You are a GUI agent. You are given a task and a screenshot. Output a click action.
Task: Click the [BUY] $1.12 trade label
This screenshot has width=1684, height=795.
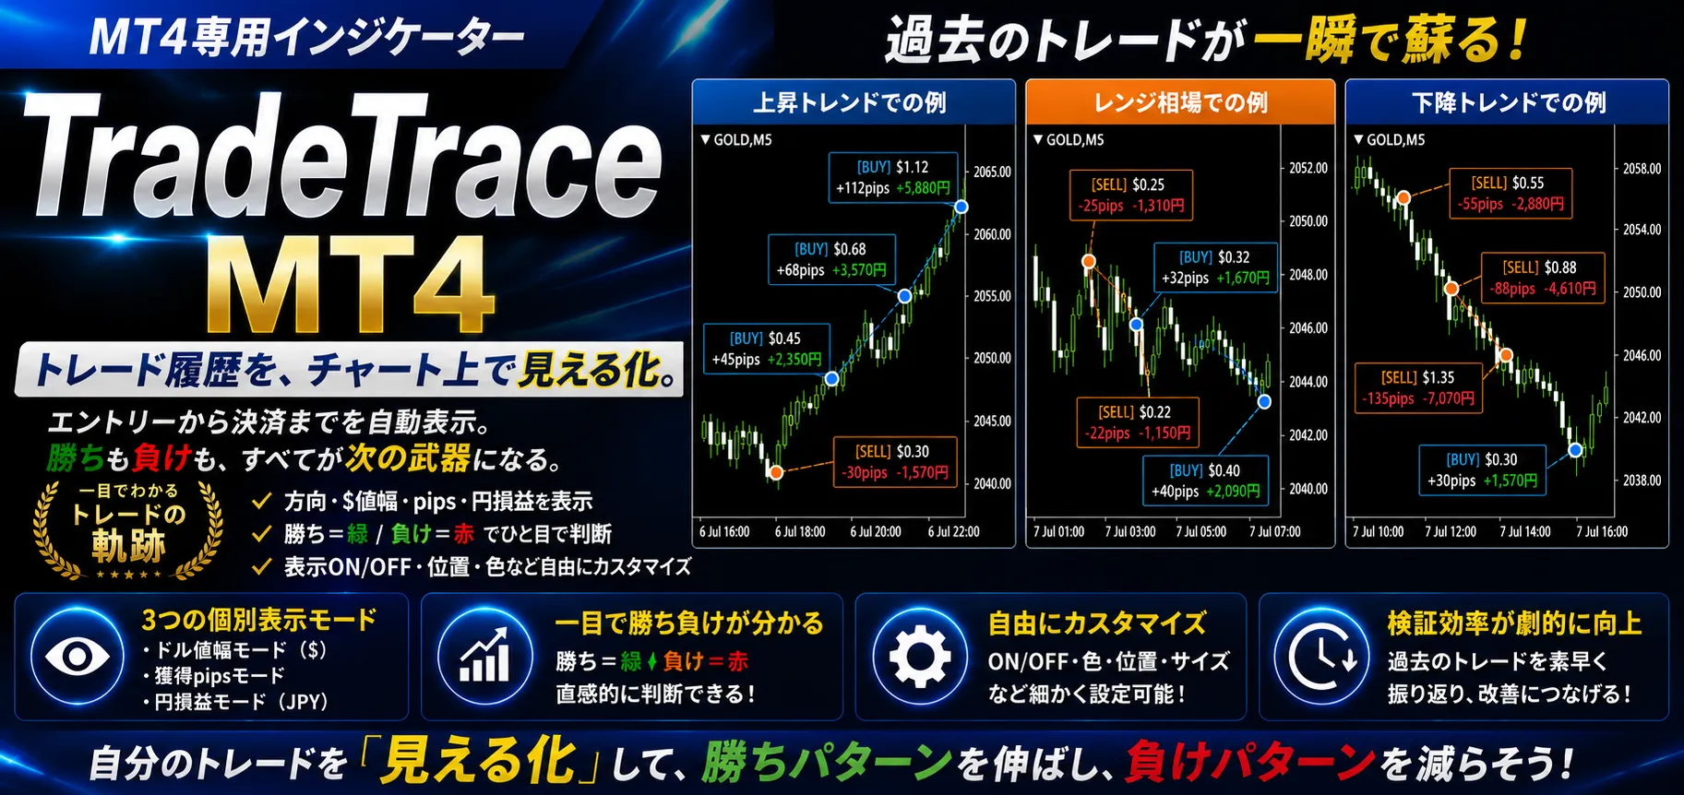[x=892, y=177]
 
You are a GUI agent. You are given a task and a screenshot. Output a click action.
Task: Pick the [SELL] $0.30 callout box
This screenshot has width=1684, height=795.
[x=894, y=462]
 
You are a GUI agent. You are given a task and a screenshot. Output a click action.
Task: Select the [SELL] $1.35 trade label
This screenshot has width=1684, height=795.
[x=1418, y=387]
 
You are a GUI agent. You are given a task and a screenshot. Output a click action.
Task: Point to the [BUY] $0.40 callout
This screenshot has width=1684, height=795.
[x=1205, y=481]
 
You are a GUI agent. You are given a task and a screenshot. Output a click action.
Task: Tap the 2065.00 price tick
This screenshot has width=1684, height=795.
[x=993, y=172]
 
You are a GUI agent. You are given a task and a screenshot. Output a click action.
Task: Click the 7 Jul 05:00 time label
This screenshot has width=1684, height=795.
[x=1200, y=532]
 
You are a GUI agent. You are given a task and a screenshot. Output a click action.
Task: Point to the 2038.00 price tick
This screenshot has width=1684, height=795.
[x=1642, y=481]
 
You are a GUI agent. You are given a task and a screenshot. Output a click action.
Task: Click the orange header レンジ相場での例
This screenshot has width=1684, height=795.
[x=1180, y=102]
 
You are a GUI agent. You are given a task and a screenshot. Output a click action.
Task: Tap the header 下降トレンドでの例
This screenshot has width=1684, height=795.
[x=1508, y=102]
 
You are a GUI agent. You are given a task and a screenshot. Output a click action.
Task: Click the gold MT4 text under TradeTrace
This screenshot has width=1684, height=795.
[x=349, y=283]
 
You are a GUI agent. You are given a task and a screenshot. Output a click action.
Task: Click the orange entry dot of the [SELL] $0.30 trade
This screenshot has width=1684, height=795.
[x=777, y=472]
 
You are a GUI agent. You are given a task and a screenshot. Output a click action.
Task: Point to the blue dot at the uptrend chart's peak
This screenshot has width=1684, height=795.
[x=961, y=207]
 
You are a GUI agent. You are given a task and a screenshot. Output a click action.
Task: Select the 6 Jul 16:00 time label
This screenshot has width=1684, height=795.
[x=724, y=532]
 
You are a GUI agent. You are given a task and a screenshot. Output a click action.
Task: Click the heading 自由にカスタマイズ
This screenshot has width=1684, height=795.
[x=1096, y=624]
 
